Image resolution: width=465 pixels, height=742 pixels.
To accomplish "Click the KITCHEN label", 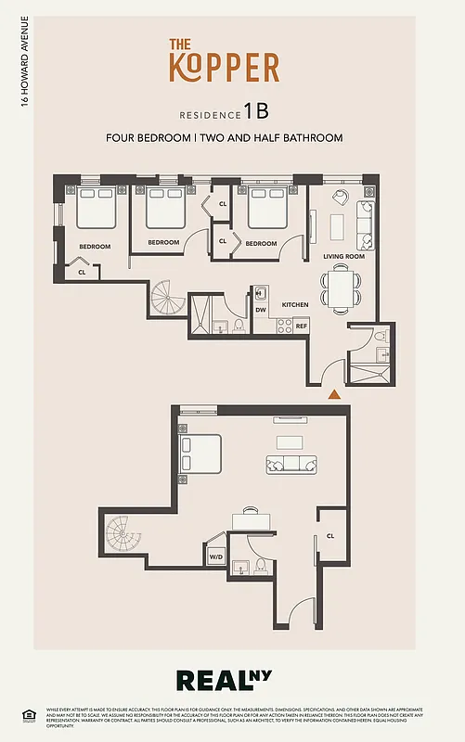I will (295, 304).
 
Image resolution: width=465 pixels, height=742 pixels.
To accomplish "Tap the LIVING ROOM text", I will (343, 256).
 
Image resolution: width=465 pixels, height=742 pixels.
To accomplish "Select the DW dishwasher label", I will (261, 310).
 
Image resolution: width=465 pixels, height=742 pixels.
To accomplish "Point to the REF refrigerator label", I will (302, 326).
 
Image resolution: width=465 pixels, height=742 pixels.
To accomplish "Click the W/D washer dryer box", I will (215, 556).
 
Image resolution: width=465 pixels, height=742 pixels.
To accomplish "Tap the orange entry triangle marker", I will (334, 394).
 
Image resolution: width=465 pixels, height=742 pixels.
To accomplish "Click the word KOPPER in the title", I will (224, 68).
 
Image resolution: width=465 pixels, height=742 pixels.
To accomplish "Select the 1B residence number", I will (256, 112).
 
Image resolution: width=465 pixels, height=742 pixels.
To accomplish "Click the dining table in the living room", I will (341, 287).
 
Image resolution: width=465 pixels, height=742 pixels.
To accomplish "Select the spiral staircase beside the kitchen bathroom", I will (167, 299).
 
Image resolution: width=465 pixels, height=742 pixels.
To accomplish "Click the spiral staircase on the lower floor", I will (121, 535).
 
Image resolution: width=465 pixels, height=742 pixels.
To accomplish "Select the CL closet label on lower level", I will (330, 536).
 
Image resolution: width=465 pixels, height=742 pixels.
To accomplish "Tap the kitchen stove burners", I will (284, 325).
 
